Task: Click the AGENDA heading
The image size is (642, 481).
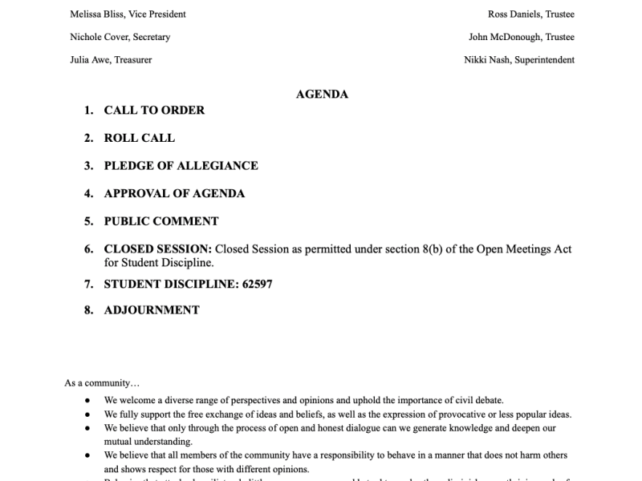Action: [322, 94]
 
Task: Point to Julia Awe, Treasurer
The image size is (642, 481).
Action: [111, 59]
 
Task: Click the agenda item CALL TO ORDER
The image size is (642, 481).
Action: [154, 111]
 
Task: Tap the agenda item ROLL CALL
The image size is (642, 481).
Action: [140, 138]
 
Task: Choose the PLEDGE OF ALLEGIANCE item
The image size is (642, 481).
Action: [181, 166]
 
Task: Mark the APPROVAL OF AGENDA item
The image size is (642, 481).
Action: [174, 193]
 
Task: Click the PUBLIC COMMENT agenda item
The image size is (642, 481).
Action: [161, 221]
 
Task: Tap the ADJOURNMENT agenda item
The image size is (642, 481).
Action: [152, 310]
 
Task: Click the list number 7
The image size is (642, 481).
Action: [89, 284]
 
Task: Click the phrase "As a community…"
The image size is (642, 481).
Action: [102, 383]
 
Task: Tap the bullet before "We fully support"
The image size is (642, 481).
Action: [87, 414]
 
